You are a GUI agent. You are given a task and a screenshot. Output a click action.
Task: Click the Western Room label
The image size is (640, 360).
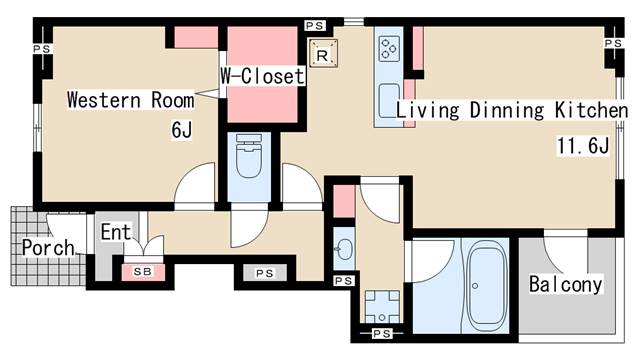pyautogui.click(x=131, y=100)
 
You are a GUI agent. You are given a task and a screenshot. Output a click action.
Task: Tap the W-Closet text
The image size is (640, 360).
pyautogui.click(x=262, y=76)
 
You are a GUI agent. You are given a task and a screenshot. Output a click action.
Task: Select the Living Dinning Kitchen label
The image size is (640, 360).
pyautogui.click(x=512, y=110)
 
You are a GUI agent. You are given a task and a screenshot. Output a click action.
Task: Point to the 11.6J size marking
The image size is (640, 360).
pyautogui.click(x=583, y=146)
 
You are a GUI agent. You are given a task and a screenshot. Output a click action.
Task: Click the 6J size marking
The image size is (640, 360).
pyautogui.click(x=182, y=130)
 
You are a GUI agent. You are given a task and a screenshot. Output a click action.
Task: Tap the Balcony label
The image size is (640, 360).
pyautogui.click(x=565, y=284)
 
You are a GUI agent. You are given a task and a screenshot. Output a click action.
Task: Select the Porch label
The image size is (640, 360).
pyautogui.click(x=48, y=247)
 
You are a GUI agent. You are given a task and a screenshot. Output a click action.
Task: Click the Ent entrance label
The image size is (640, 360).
pyautogui.click(x=116, y=232)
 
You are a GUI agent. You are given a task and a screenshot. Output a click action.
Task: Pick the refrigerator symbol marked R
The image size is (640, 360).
pyautogui.click(x=323, y=53)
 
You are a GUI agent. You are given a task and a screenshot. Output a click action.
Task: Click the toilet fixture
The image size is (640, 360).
pyautogui.click(x=249, y=155)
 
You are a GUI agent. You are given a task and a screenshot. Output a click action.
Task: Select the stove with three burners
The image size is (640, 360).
pyautogui.click(x=389, y=49)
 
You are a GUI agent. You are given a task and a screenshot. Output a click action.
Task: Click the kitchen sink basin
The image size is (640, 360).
pyautogui.click(x=389, y=101)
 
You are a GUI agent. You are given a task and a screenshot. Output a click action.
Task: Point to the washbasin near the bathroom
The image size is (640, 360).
pyautogui.click(x=344, y=248)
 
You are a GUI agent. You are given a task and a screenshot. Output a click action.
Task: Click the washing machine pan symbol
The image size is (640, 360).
pyautogui.click(x=382, y=307)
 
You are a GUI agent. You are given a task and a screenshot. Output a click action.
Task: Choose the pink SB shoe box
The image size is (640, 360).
pyautogui.click(x=143, y=272)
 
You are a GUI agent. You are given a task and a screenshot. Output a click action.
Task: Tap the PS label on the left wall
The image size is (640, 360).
pyautogui.click(x=42, y=49)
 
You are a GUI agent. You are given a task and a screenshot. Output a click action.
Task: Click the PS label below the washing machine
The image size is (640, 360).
pyautogui.click(x=382, y=333)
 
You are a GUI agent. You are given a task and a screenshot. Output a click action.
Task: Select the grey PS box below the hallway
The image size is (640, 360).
pyautogui.click(x=265, y=273)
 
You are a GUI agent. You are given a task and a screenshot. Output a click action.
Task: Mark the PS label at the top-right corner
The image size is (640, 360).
pyautogui.click(x=613, y=43)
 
